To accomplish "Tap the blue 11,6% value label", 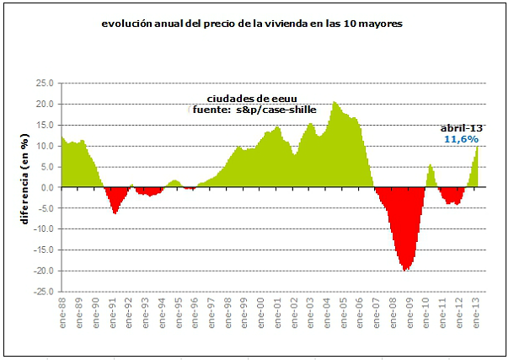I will click(x=462, y=137).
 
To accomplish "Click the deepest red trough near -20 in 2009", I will click(x=406, y=268).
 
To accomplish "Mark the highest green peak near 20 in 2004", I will click(x=335, y=104).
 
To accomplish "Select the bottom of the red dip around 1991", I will click(x=115, y=212).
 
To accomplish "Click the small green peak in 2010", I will click(x=431, y=166).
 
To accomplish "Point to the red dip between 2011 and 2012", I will click(x=454, y=202).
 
